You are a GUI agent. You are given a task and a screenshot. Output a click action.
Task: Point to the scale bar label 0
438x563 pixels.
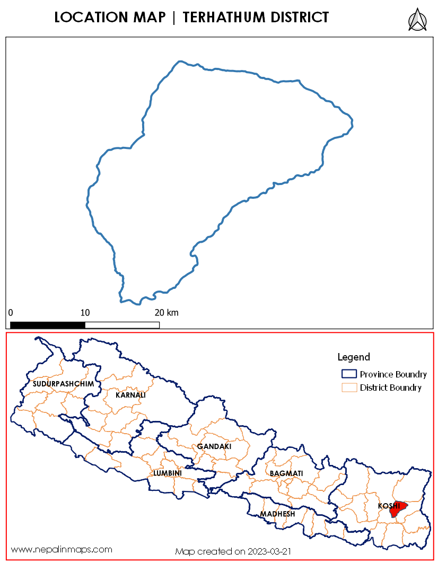point(11,312)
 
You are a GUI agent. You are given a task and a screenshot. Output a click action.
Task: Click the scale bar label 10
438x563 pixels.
point(85,312)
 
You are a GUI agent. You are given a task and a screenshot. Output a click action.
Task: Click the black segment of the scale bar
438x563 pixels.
point(48,324)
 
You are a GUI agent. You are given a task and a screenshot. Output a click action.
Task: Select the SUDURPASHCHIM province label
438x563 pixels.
point(63,383)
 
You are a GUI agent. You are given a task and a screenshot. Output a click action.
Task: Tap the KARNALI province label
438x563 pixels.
point(130,395)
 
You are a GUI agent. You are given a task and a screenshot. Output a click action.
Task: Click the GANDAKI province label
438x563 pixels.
point(214,446)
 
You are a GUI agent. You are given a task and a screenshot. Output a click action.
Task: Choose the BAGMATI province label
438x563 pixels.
point(286,473)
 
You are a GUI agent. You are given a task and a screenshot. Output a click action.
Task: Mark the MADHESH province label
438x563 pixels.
point(277,514)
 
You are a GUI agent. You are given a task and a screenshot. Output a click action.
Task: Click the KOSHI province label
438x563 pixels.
point(389,506)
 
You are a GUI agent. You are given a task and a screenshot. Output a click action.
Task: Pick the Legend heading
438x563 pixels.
point(354,357)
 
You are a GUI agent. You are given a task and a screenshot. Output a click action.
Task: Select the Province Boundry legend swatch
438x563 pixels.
point(348,374)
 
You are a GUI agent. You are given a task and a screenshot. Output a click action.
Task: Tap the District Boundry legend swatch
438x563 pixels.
point(348,388)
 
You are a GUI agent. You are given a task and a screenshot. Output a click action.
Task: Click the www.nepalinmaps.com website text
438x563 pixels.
point(62,549)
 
